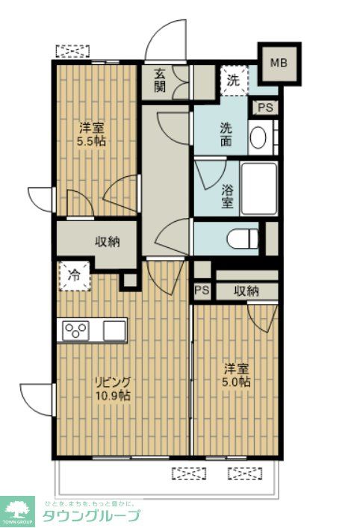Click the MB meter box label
278,63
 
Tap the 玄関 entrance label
161,80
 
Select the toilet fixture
243,239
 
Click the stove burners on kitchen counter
77,329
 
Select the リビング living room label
112,382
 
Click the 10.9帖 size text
113,396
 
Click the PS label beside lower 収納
201,291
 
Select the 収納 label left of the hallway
105,241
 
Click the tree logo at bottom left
17,511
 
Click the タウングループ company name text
90,516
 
